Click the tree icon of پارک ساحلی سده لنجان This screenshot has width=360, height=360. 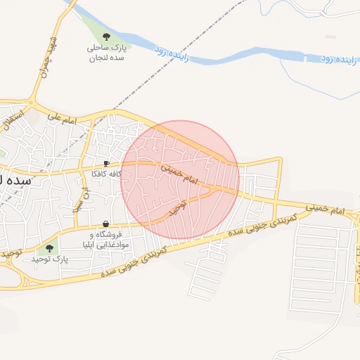106,35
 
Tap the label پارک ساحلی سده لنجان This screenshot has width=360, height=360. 105,53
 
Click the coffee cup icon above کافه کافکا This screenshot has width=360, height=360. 105,163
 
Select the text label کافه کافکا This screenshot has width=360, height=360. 106,174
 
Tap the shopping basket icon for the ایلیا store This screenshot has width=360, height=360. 105,223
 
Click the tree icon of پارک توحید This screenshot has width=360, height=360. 49,247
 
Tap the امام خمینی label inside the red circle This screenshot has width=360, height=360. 181,176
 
